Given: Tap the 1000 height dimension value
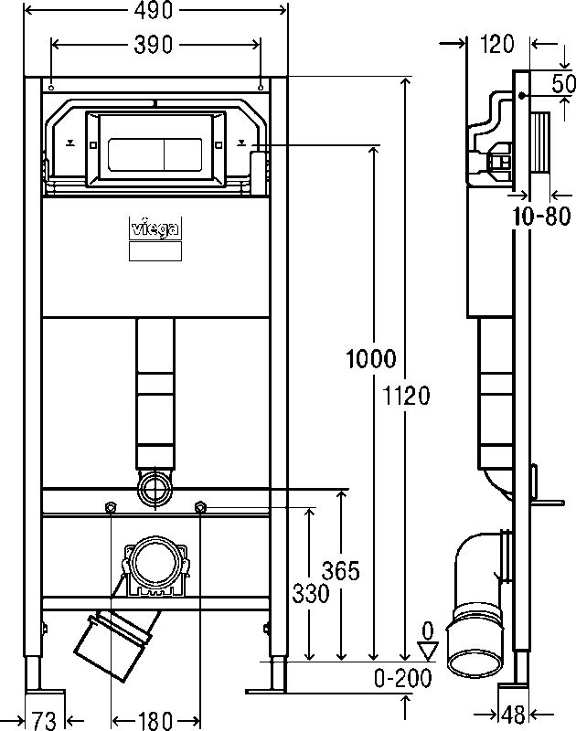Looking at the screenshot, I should [x=370, y=358].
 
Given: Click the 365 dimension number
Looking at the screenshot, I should [x=341, y=571].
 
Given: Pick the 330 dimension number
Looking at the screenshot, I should [x=310, y=594].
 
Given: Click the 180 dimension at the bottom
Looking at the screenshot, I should [x=155, y=719].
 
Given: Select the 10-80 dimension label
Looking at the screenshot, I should [x=540, y=217].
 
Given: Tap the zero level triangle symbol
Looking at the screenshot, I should [x=426, y=649].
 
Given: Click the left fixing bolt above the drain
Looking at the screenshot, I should [x=111, y=507].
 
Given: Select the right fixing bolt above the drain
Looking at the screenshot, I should [x=200, y=507].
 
